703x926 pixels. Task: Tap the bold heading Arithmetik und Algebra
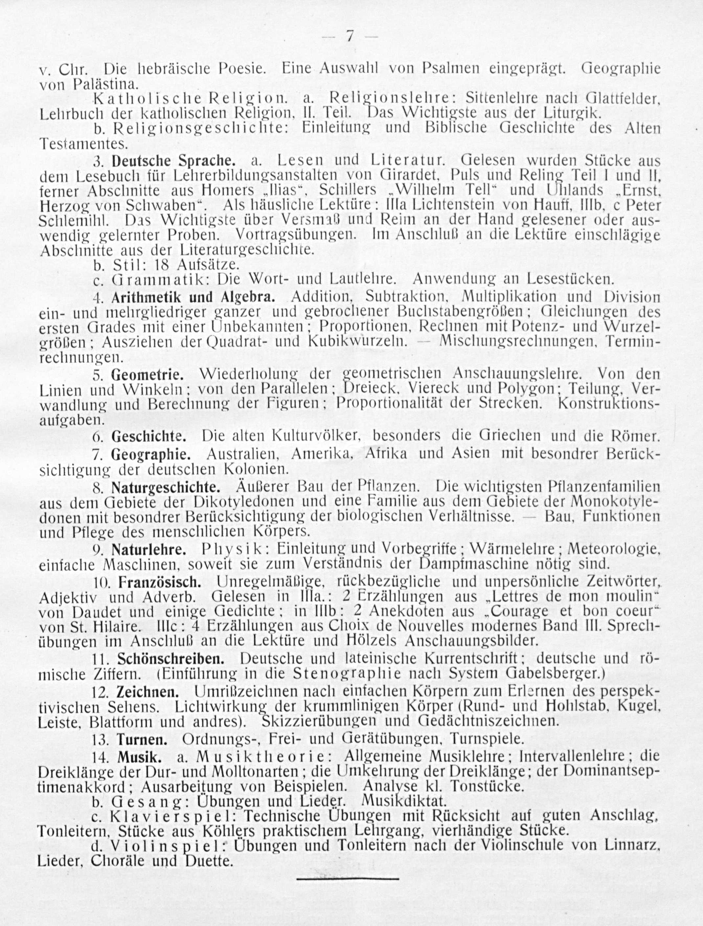coord(193,297)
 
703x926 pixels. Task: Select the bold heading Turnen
coord(142,739)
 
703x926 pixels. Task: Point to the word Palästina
coord(105,85)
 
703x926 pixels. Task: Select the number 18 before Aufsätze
coord(163,265)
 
